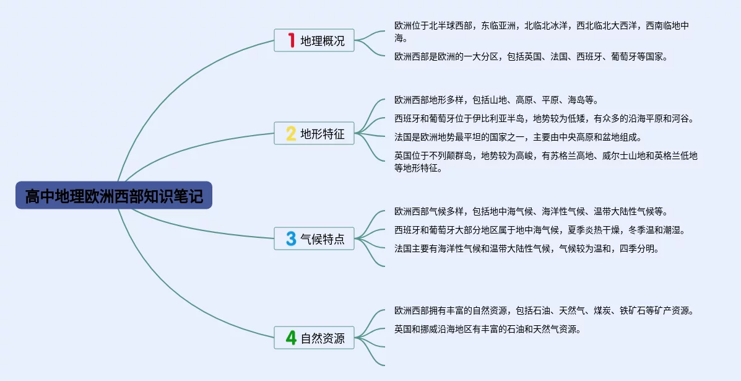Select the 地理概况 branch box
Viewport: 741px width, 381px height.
click(x=314, y=41)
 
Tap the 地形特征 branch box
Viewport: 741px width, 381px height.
click(x=314, y=134)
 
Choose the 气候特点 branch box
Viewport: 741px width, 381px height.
click(x=314, y=239)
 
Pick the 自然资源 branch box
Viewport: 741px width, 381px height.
click(x=314, y=338)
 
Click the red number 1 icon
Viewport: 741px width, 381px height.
click(x=291, y=41)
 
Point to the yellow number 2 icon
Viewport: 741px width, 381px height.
click(x=291, y=134)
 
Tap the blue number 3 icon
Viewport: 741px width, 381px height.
click(x=291, y=239)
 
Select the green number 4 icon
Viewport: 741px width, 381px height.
click(x=291, y=338)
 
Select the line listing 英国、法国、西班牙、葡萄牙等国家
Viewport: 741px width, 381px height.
click(x=531, y=56)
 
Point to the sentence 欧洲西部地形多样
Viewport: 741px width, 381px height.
click(x=496, y=100)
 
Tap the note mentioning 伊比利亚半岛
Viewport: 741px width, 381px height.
click(x=544, y=118)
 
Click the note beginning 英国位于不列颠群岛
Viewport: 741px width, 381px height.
click(x=545, y=162)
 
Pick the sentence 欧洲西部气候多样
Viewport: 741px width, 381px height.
click(x=531, y=211)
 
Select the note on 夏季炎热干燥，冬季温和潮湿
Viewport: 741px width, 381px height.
click(x=539, y=230)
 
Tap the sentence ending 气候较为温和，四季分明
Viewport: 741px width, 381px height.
click(x=526, y=248)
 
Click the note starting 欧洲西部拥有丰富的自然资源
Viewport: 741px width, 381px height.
click(x=544, y=310)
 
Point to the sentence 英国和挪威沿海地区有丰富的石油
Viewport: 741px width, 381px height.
click(x=487, y=329)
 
